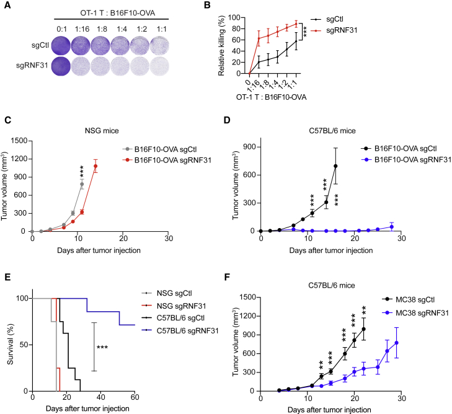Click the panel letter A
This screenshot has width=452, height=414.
(6, 7)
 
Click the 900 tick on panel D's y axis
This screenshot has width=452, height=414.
(250, 147)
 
